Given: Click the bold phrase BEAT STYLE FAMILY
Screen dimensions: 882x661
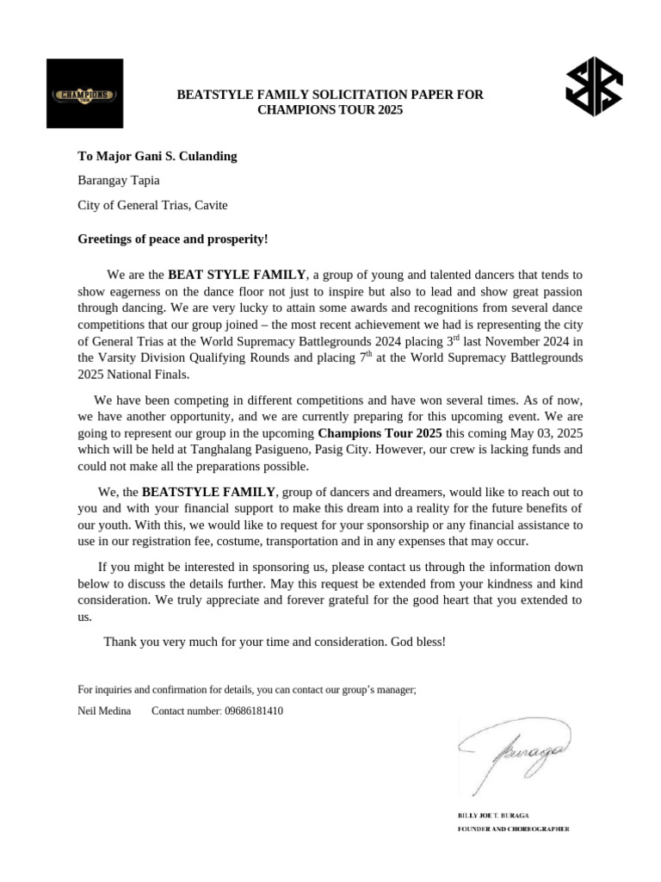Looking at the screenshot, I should point(237,275).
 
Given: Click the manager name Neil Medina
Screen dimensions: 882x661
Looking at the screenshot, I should point(104,711).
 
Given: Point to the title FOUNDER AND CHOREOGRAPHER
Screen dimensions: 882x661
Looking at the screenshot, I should point(512,829).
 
